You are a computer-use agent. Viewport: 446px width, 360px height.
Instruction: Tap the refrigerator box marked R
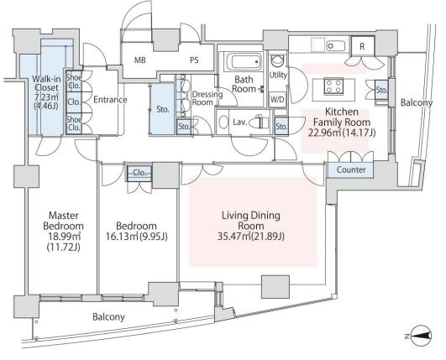tap(362, 46)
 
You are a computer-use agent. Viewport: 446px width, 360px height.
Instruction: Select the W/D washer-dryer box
tap(277, 100)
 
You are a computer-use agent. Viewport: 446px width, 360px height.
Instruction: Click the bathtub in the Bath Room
tap(244, 61)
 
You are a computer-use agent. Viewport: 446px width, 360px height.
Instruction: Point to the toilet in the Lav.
tap(260, 123)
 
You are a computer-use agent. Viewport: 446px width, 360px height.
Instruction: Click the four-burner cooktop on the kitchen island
tap(333, 86)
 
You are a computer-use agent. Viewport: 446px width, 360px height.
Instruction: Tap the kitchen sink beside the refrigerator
tap(336, 46)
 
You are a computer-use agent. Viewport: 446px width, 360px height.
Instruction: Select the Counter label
tap(351, 170)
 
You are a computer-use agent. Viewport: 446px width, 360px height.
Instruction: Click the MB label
tap(140, 60)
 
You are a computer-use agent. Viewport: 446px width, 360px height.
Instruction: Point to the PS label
tap(194, 60)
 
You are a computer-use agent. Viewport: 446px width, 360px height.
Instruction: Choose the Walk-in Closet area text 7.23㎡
tap(46, 97)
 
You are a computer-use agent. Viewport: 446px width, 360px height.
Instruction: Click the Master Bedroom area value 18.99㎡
tap(63, 237)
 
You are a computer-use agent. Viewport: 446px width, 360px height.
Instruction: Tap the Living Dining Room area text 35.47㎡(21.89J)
tap(251, 237)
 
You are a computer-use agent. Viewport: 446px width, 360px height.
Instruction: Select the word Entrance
tap(110, 100)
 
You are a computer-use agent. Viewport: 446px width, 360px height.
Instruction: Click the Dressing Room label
tap(207, 98)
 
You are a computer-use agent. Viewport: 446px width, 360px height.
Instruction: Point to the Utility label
tap(278, 76)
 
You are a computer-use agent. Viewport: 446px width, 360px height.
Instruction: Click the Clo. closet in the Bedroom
tap(139, 173)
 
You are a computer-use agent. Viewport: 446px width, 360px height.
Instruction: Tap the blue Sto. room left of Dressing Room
tap(162, 109)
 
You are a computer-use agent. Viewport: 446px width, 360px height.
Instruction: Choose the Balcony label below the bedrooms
tap(108, 317)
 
